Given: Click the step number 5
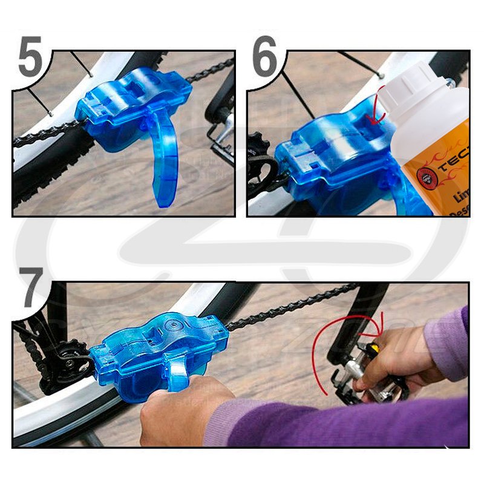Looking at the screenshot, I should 30,57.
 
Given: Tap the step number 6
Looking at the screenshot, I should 264,57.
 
